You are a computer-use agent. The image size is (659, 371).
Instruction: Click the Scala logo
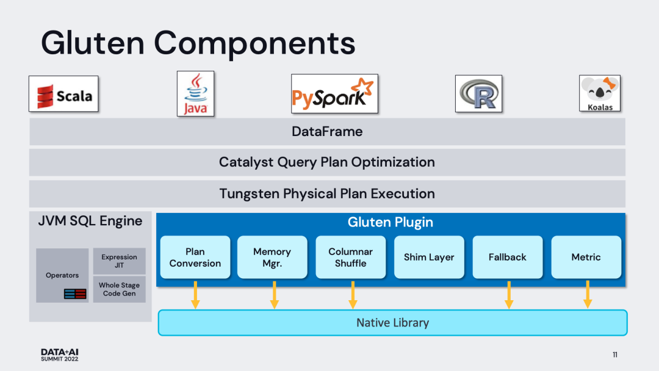click(x=63, y=94)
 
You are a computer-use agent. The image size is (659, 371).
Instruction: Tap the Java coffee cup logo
click(x=195, y=93)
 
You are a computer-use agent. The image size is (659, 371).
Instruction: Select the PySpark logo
click(x=334, y=94)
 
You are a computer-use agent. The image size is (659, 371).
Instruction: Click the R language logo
click(x=478, y=94)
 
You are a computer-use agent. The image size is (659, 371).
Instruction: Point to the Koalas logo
click(x=599, y=93)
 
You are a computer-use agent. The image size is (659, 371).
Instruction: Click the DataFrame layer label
click(x=327, y=131)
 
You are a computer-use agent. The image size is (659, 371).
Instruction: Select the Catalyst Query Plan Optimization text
click(x=327, y=162)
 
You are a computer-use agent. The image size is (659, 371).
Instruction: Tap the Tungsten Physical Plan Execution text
click(x=327, y=194)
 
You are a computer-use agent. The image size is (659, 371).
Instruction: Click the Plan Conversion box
click(x=195, y=258)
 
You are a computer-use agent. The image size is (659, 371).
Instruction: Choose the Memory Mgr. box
click(x=272, y=258)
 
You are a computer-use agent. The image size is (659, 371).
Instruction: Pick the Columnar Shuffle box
click(x=351, y=258)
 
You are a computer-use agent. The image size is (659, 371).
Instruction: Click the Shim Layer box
click(x=429, y=258)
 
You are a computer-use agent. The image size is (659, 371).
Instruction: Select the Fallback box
click(x=508, y=258)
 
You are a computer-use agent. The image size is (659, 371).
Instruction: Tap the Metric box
click(x=586, y=258)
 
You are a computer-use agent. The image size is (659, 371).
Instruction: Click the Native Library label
click(x=392, y=323)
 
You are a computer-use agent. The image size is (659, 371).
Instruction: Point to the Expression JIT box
click(x=120, y=261)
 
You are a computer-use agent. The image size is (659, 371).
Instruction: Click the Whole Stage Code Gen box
click(x=120, y=289)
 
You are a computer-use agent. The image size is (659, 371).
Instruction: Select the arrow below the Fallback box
click(x=509, y=295)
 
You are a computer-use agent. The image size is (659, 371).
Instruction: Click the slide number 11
click(x=614, y=355)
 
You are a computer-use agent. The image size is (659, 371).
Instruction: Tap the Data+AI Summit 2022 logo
click(x=60, y=355)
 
